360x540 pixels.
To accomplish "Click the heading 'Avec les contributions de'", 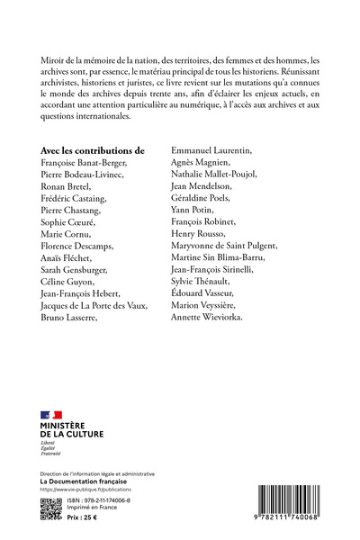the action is pyautogui.click(x=93, y=150).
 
